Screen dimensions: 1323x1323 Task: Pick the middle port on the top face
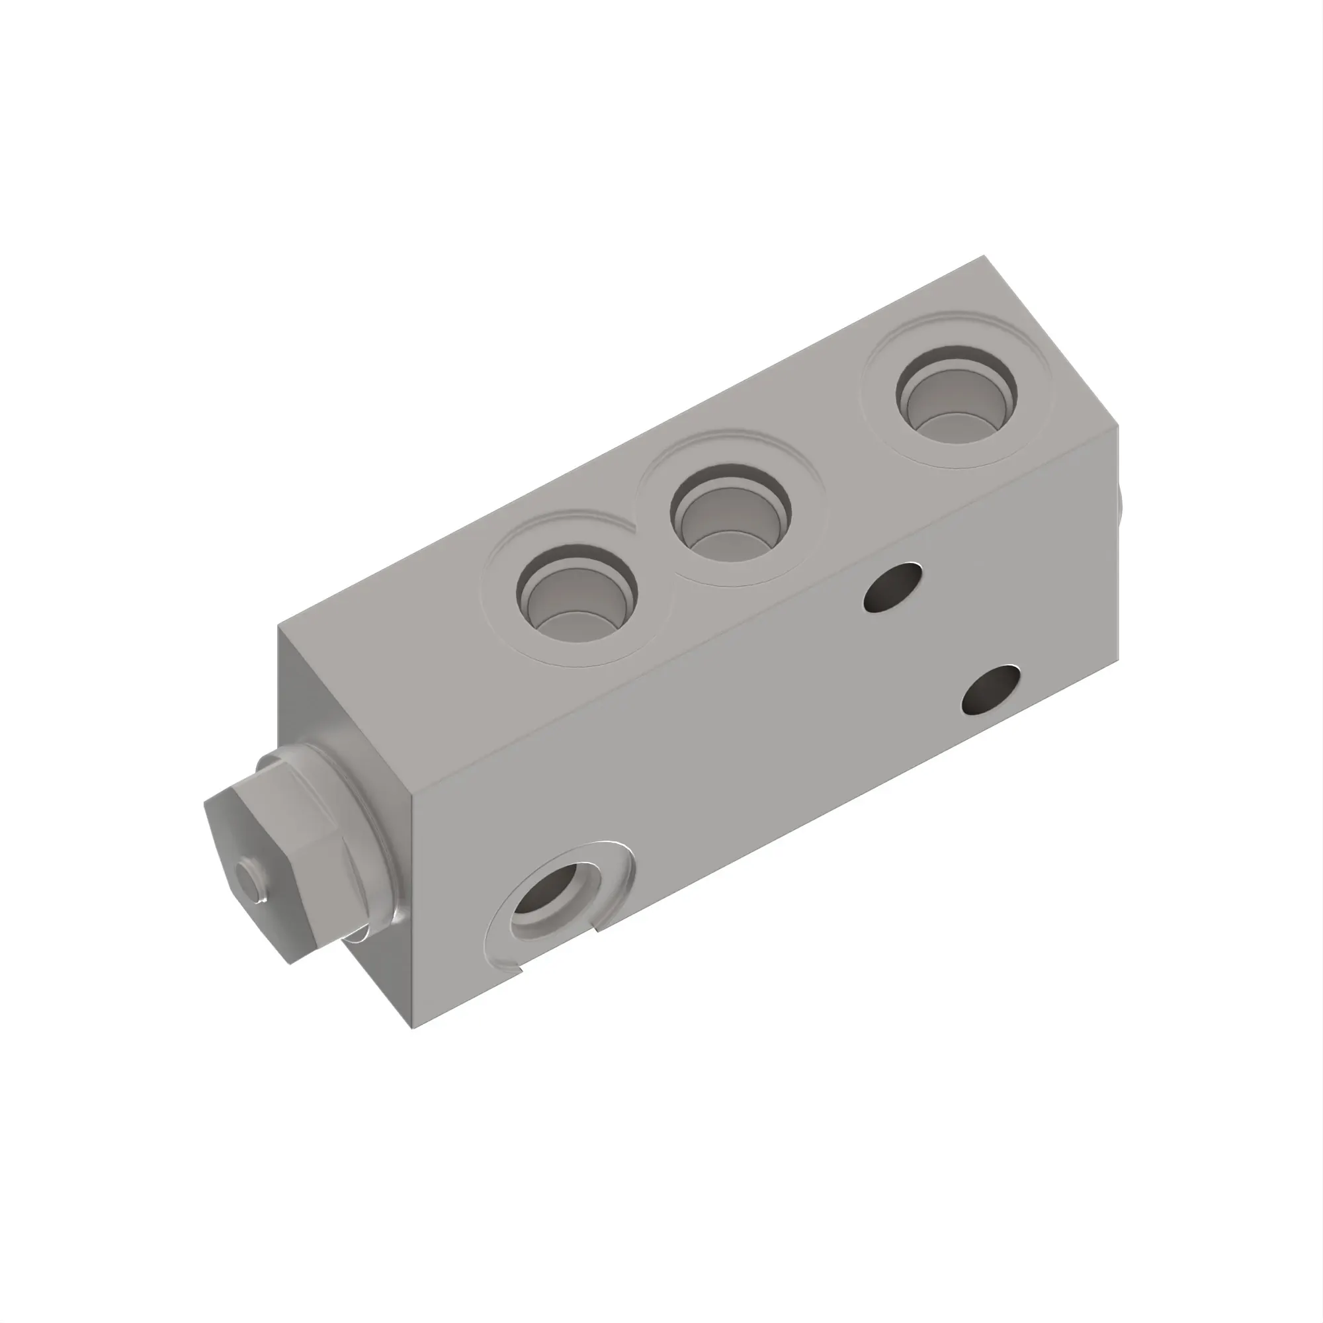coord(731,511)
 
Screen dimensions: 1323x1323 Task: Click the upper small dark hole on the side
coord(893,587)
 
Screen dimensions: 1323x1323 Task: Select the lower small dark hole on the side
coord(990,689)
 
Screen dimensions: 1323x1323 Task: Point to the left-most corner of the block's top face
coord(278,625)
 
